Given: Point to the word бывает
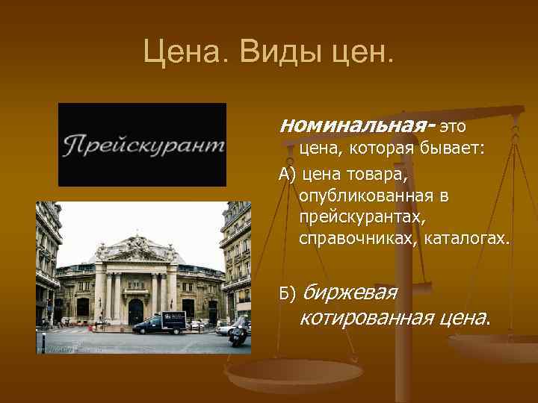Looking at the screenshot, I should click(x=456, y=150).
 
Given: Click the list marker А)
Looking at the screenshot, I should click(x=287, y=175).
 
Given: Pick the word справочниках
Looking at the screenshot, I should click(x=359, y=240).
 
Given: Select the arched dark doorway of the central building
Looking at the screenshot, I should click(x=136, y=310).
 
